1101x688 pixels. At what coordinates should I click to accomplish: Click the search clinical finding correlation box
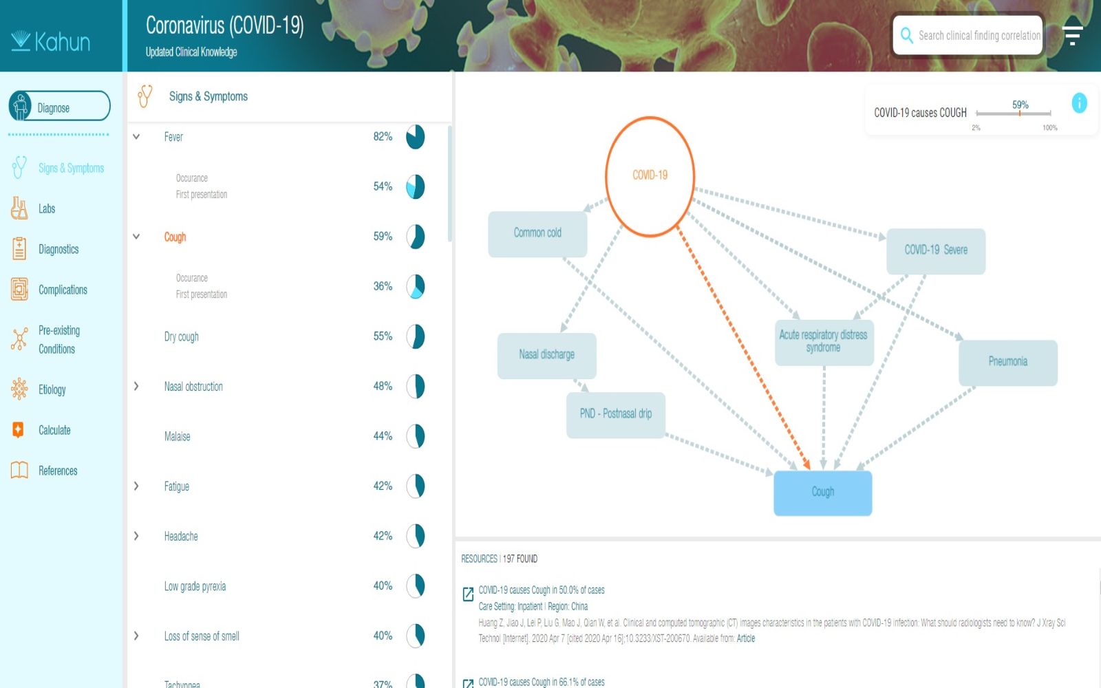(x=968, y=35)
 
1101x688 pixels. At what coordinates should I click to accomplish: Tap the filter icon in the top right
(x=1073, y=35)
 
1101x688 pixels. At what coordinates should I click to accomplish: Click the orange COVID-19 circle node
(x=650, y=176)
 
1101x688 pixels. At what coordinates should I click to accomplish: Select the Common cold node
(x=537, y=234)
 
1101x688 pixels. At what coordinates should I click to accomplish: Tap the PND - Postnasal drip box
(x=616, y=415)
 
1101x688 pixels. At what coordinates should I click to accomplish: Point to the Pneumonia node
(x=1008, y=363)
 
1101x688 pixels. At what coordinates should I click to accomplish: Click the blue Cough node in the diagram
(x=823, y=493)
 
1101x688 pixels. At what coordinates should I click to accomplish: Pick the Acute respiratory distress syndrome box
(x=824, y=343)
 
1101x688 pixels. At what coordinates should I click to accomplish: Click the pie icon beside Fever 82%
(x=416, y=137)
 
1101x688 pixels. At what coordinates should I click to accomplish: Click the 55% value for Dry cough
(x=383, y=336)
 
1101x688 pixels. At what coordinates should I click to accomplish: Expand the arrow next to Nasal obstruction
(x=136, y=386)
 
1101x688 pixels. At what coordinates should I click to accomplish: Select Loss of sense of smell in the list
(x=202, y=636)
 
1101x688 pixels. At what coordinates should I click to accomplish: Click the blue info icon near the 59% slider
(x=1080, y=103)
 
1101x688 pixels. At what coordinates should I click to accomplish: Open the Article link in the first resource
(x=746, y=638)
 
